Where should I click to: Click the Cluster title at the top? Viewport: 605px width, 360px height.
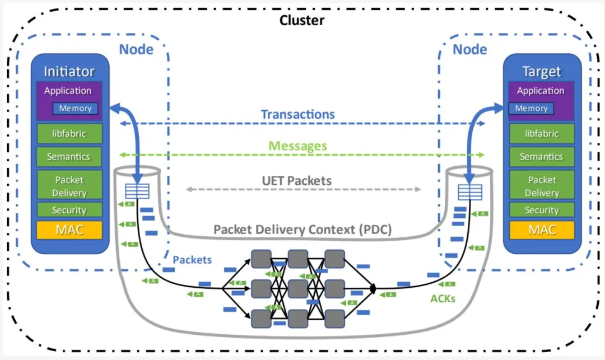point(302,21)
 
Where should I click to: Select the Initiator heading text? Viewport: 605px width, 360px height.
point(69,71)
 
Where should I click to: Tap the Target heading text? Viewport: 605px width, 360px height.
point(541,71)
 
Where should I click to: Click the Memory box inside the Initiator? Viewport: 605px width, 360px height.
point(75,109)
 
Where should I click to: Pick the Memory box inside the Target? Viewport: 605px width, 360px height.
point(531,109)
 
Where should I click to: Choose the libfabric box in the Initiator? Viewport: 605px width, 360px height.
point(69,134)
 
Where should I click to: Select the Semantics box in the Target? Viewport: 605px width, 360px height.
point(541,157)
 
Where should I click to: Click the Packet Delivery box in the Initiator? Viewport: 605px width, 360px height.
point(69,186)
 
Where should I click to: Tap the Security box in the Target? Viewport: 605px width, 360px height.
point(541,210)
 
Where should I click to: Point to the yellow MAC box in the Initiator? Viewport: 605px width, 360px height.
point(69,230)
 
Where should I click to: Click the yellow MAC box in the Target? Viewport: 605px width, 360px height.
point(541,230)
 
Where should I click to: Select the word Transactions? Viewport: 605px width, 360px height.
point(297,114)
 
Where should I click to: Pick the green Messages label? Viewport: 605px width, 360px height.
point(297,146)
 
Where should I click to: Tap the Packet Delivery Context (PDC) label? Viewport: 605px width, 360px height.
point(302,230)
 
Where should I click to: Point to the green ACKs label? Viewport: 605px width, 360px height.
point(443,298)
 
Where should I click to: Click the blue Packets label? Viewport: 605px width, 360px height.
point(192,260)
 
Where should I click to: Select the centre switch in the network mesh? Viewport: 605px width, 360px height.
point(298,288)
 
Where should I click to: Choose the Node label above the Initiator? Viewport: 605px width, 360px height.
point(136,49)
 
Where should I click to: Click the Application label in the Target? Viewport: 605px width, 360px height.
point(541,91)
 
